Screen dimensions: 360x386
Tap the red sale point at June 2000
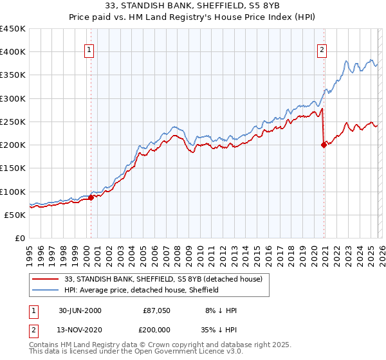(91, 198)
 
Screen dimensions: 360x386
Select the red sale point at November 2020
(324, 145)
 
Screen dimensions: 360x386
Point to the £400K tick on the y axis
(13, 52)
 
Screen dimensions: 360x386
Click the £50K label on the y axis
(15, 215)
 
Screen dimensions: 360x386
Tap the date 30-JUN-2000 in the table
(80, 310)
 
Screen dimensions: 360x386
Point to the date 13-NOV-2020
(80, 328)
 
